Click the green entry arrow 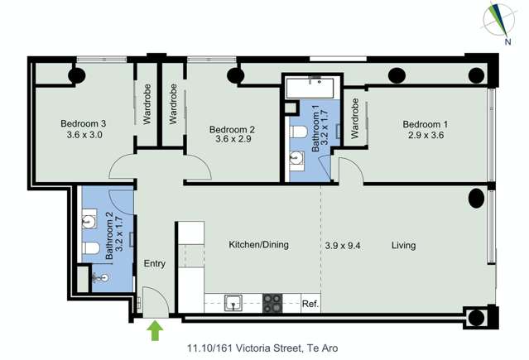tap(155, 330)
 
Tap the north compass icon tap(499, 22)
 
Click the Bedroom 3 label tap(84, 123)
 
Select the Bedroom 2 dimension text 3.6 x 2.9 tap(233, 139)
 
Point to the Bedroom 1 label tap(426, 124)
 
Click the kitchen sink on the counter tap(233, 302)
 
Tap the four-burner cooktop tap(272, 303)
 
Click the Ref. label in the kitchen tap(310, 304)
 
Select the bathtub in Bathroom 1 tap(310, 88)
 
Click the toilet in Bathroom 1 tap(298, 132)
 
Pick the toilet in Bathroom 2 tap(91, 248)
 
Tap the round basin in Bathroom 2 tap(89, 221)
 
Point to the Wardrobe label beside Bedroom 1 tap(354, 118)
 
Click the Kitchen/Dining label tap(259, 245)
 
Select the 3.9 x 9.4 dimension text tap(343, 245)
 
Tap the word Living tap(403, 245)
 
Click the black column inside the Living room tap(476, 198)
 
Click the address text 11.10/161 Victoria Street tap(244, 348)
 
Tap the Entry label tap(155, 263)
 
